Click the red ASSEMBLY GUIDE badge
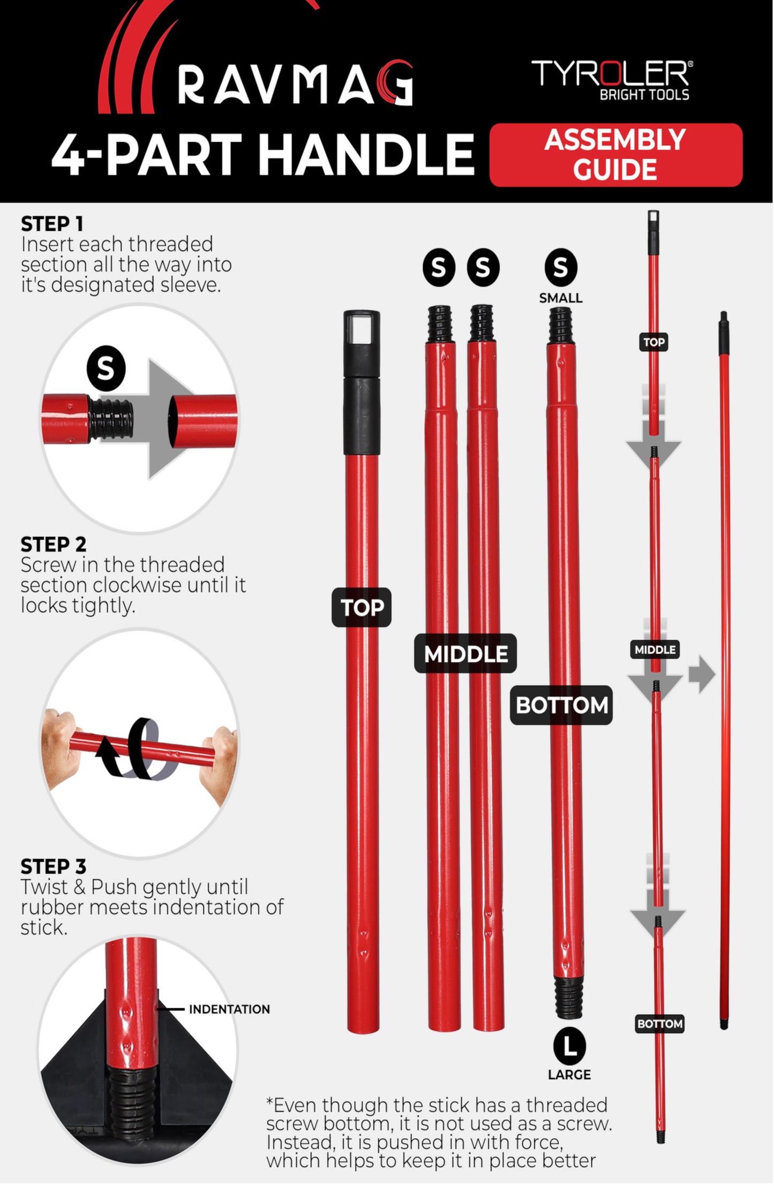[x=615, y=155]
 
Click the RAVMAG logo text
[x=295, y=82]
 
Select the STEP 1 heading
[x=52, y=224]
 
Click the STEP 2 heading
[x=53, y=545]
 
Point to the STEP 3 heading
[x=53, y=866]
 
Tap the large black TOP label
[x=362, y=608]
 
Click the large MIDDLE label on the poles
[x=465, y=654]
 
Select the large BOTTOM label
[x=561, y=705]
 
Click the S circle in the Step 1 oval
[x=106, y=368]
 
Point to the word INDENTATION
[x=229, y=1009]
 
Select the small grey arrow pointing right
[x=702, y=674]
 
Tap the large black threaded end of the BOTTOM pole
[x=569, y=996]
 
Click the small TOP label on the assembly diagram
[x=654, y=342]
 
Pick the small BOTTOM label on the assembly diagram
[x=660, y=1024]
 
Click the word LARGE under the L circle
[x=569, y=1075]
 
